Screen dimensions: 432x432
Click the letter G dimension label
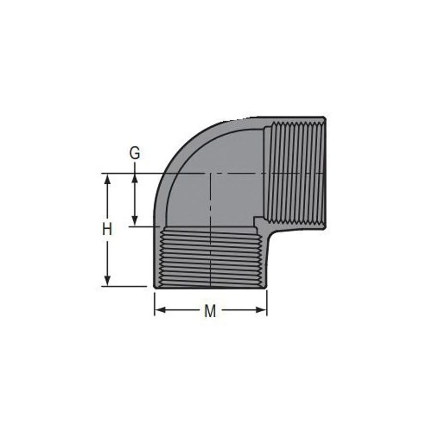(x=135, y=153)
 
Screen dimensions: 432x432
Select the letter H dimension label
(x=107, y=229)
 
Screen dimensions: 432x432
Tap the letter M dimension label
(x=210, y=311)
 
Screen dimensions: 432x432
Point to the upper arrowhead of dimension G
(x=135, y=178)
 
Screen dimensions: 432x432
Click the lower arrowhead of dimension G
(x=135, y=221)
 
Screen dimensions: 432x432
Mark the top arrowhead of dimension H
(x=107, y=179)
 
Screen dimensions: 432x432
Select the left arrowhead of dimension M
(x=160, y=310)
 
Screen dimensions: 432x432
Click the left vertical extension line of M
(x=155, y=302)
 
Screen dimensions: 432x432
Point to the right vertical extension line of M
(x=267, y=302)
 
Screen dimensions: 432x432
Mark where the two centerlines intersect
(x=210, y=173)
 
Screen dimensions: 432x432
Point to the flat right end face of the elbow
(x=325, y=173)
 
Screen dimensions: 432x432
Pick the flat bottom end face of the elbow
(x=210, y=287)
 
